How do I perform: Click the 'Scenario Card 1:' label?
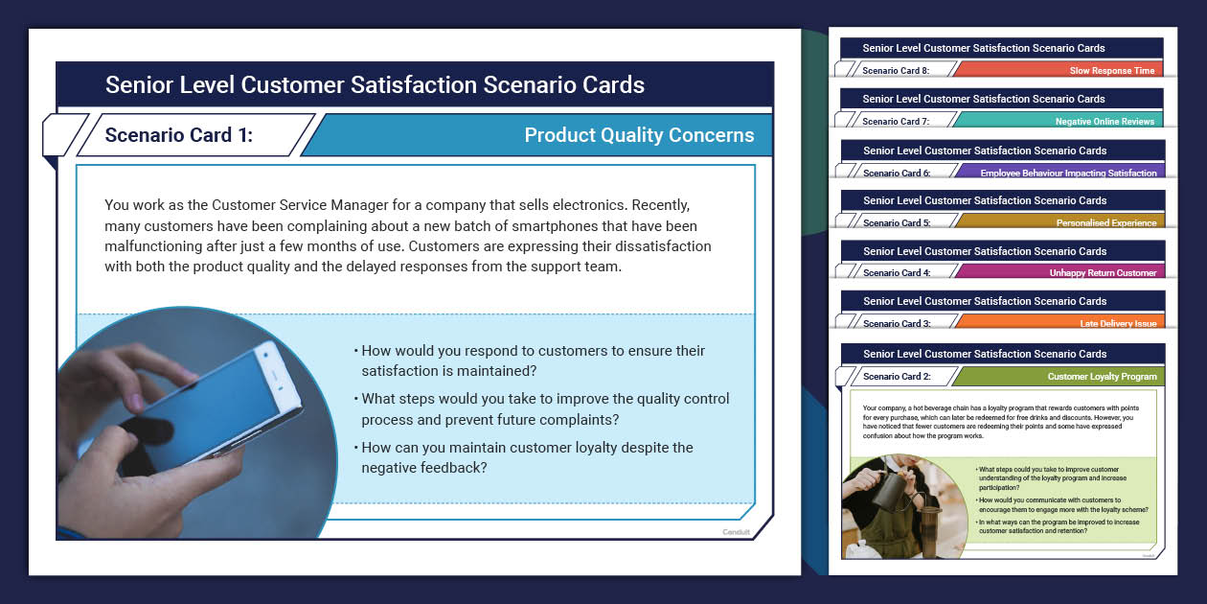tap(179, 135)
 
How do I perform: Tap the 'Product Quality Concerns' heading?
tap(639, 135)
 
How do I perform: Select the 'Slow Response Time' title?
tap(1112, 71)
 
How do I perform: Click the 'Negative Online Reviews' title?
tap(1105, 122)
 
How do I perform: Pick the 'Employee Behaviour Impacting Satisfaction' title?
tap(1068, 174)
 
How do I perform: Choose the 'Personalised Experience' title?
tap(1106, 223)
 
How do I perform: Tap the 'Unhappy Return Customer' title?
tap(1103, 273)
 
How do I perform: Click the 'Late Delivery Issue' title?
tap(1118, 324)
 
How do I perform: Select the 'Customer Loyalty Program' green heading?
tap(1102, 377)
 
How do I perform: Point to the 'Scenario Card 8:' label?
tap(896, 71)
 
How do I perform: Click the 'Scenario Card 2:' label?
tap(896, 377)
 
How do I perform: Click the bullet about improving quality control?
tap(544, 408)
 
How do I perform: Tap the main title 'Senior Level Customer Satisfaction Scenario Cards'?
tap(375, 84)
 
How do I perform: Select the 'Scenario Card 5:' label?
tap(896, 223)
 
